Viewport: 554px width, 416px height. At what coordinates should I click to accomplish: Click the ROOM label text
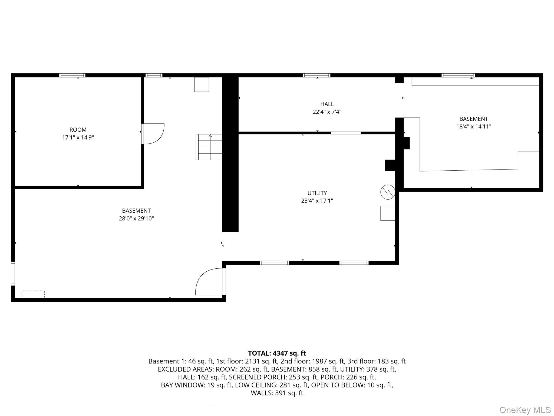78,130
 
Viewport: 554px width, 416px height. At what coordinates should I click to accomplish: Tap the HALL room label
327,104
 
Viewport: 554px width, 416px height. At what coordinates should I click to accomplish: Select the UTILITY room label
317,193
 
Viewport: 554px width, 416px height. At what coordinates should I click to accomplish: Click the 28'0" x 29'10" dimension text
136,219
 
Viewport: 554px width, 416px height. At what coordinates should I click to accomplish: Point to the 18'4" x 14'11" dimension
474,126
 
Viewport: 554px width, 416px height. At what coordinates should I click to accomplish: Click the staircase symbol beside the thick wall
209,147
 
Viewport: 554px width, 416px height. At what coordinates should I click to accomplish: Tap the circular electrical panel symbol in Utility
388,192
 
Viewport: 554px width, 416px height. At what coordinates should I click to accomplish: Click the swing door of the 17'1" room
153,134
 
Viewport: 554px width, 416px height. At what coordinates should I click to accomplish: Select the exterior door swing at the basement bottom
210,282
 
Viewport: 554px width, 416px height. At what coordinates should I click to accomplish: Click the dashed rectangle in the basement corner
33,294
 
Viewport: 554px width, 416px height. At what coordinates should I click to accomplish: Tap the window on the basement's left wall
13,273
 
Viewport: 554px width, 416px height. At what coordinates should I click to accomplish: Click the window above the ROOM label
72,75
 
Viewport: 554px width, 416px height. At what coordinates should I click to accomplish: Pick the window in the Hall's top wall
316,75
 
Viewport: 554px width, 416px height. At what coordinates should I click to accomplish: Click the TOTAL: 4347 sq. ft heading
277,353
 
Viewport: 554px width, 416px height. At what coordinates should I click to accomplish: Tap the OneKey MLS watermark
525,410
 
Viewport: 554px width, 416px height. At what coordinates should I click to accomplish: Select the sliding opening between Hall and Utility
346,133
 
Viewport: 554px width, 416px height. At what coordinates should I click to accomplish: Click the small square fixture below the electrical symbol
388,213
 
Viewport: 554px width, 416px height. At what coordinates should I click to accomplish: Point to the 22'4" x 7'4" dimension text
327,112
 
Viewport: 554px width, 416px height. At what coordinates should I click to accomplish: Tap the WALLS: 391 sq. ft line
277,393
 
